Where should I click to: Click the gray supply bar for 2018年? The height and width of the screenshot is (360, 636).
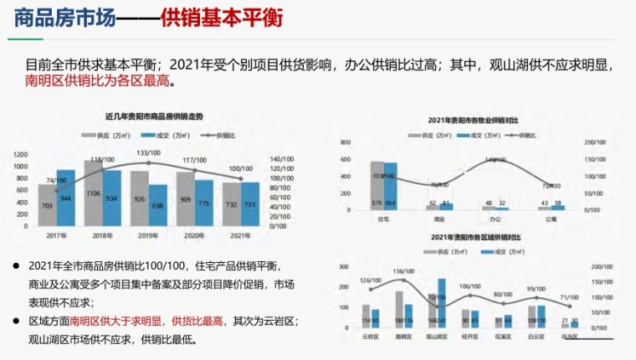tap(94, 192)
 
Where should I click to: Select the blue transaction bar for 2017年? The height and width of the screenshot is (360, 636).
tap(65, 198)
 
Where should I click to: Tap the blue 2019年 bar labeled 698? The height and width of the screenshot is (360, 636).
tap(157, 205)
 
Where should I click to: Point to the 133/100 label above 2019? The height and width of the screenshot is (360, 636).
tap(149, 153)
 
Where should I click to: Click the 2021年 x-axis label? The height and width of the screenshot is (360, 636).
tap(241, 235)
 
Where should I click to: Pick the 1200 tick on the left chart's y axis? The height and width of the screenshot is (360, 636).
tap(20, 154)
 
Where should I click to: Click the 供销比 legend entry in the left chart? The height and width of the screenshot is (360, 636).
tap(224, 134)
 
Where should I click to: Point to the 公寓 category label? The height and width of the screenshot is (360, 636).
tap(551, 219)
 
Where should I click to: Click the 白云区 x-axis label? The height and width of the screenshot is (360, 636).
tap(537, 336)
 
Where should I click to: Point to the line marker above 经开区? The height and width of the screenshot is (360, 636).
tap(470, 295)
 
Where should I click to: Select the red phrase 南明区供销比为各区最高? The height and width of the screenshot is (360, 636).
tap(99, 81)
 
